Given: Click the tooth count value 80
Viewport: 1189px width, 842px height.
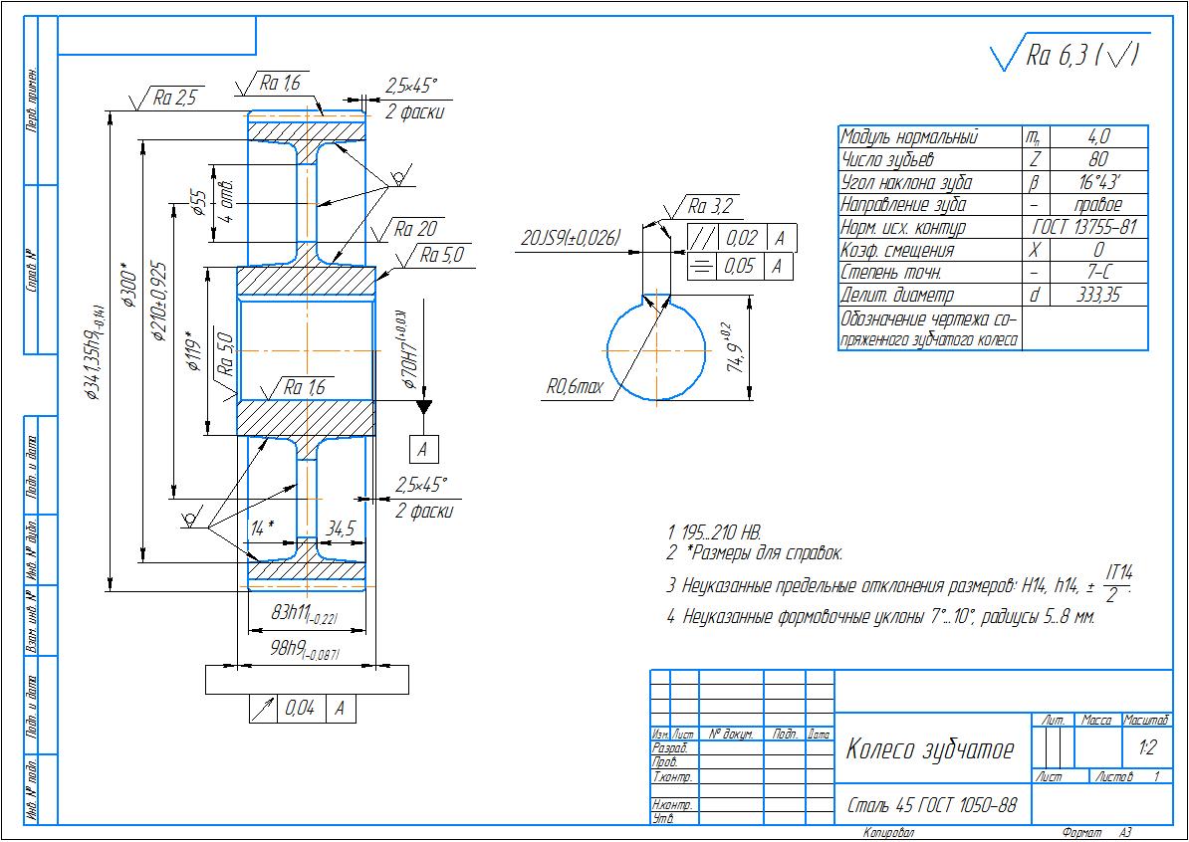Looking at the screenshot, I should pos(1098,159).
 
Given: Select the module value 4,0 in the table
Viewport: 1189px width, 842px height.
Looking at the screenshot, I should pos(1098,136).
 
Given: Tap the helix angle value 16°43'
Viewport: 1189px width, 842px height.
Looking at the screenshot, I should pos(1098,182).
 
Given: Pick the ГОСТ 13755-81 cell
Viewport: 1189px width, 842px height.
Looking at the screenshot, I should pos(1084,228).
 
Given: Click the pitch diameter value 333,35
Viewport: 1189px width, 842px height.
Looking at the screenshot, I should pos(1098,296).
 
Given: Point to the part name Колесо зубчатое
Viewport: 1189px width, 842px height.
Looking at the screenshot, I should pos(929,749).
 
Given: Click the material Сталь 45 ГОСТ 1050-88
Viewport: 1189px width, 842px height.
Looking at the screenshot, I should pos(931,804).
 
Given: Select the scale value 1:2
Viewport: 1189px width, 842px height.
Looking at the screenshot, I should pos(1146,745).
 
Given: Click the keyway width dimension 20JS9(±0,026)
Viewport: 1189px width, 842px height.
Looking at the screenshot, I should pos(571,238).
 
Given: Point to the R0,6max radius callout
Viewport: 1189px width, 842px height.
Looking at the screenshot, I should pos(575,387).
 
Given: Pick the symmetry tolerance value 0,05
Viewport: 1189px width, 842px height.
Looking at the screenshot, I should pos(738,266).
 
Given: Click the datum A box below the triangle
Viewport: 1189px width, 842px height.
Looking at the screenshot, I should pos(423,450).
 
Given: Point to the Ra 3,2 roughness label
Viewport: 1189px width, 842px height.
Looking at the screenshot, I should pos(710,207).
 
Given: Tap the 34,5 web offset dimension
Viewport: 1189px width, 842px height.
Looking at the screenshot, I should pos(341,529).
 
